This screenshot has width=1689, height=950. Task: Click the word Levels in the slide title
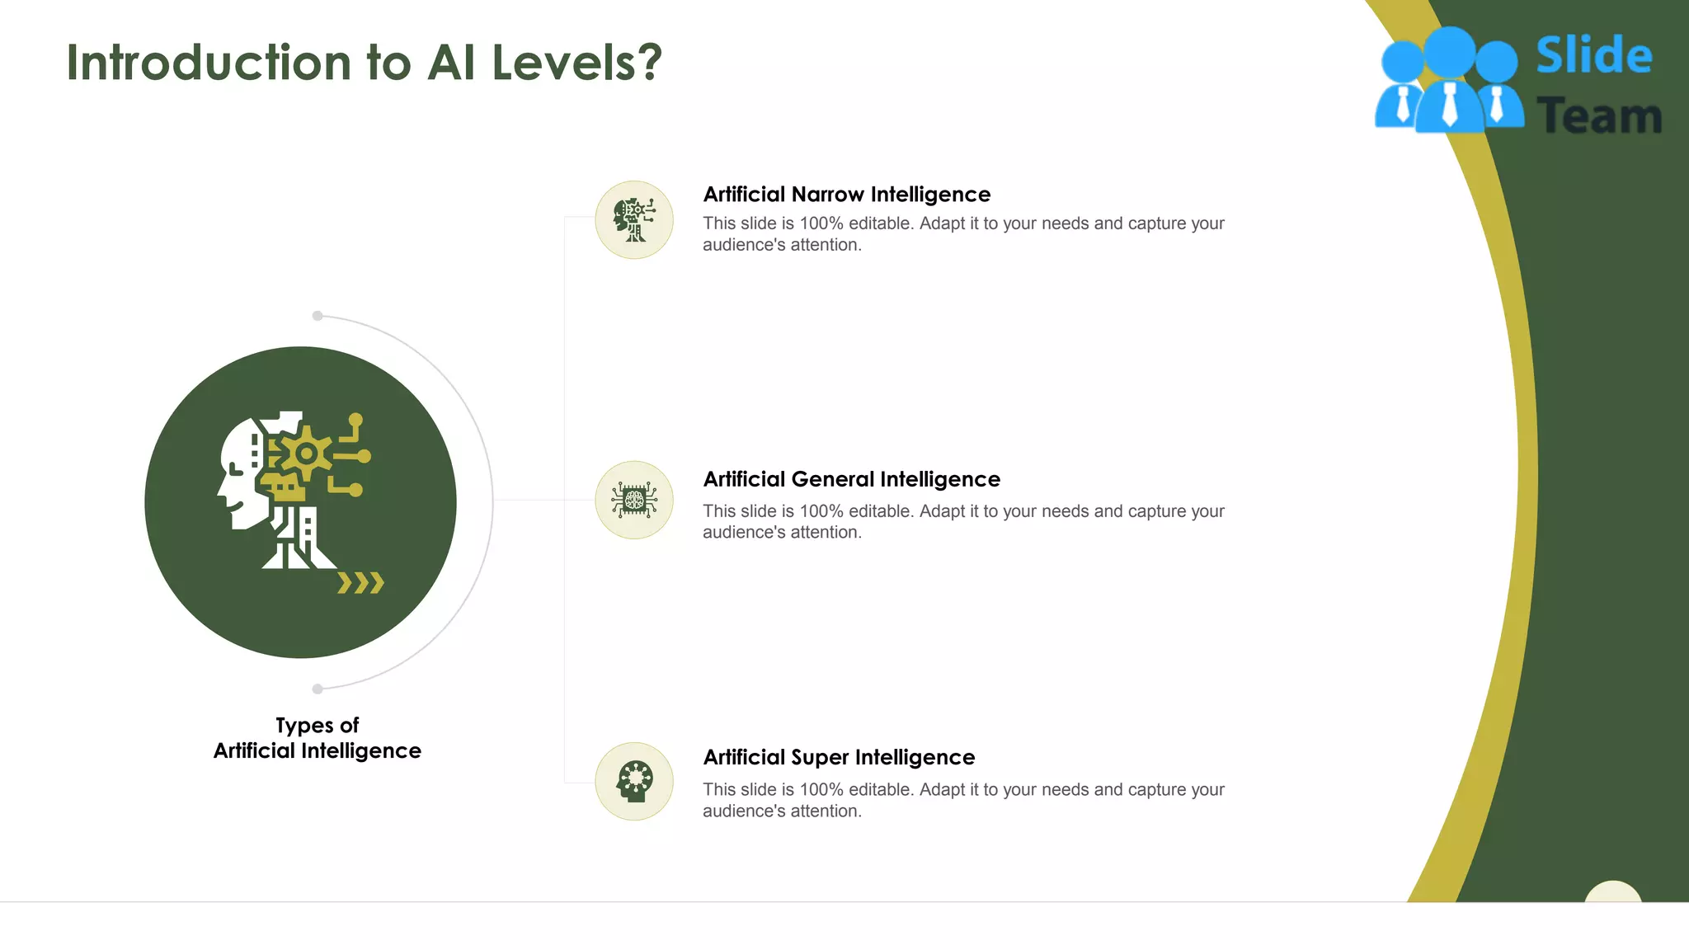tap(563, 63)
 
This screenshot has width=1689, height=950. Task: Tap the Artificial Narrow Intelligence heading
tap(846, 195)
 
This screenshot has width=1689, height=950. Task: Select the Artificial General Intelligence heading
tap(851, 479)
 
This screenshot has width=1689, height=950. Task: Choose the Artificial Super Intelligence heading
tap(839, 757)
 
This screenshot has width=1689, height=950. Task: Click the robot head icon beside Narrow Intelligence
tap(634, 220)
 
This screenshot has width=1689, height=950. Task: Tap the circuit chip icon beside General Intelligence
tap(634, 500)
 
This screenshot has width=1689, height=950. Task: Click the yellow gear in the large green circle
tap(306, 453)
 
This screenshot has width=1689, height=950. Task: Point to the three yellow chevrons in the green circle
tap(361, 583)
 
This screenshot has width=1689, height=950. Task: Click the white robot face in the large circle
tap(239, 474)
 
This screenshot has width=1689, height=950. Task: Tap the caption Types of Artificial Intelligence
tap(318, 738)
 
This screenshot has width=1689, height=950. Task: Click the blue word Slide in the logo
tap(1593, 56)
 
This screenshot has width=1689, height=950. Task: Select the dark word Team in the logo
tap(1598, 116)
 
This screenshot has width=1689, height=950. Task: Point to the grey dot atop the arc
tap(318, 316)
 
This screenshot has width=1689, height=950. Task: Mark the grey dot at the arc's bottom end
tap(318, 689)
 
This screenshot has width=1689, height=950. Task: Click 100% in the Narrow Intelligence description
tap(821, 223)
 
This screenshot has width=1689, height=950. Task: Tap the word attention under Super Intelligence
tap(825, 811)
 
